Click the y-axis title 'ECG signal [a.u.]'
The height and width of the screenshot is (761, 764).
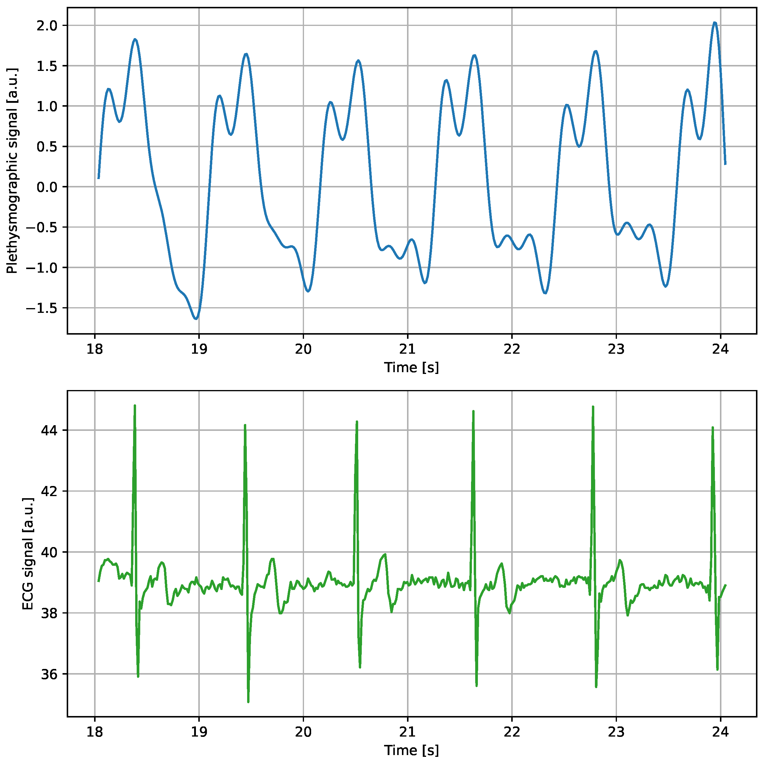(x=28, y=554)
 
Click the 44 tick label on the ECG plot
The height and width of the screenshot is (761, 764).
(x=49, y=430)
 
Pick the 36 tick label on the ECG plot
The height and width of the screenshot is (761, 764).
(x=49, y=674)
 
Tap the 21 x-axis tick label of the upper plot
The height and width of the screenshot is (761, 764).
(x=407, y=349)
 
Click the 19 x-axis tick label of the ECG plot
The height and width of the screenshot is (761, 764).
(x=199, y=732)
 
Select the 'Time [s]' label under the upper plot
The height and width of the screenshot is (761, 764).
(x=411, y=367)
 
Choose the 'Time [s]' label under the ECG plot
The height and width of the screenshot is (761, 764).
(x=411, y=750)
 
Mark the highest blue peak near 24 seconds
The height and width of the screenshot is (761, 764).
(x=715, y=23)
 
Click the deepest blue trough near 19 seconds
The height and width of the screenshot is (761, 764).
(x=196, y=319)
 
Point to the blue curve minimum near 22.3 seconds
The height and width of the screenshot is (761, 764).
(x=545, y=293)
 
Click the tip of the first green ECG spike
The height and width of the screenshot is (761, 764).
(x=135, y=406)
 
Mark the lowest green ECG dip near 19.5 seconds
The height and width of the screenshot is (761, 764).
(x=248, y=702)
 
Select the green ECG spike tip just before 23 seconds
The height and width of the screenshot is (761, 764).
(x=593, y=407)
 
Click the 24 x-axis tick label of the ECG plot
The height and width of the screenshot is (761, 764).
(x=720, y=732)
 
